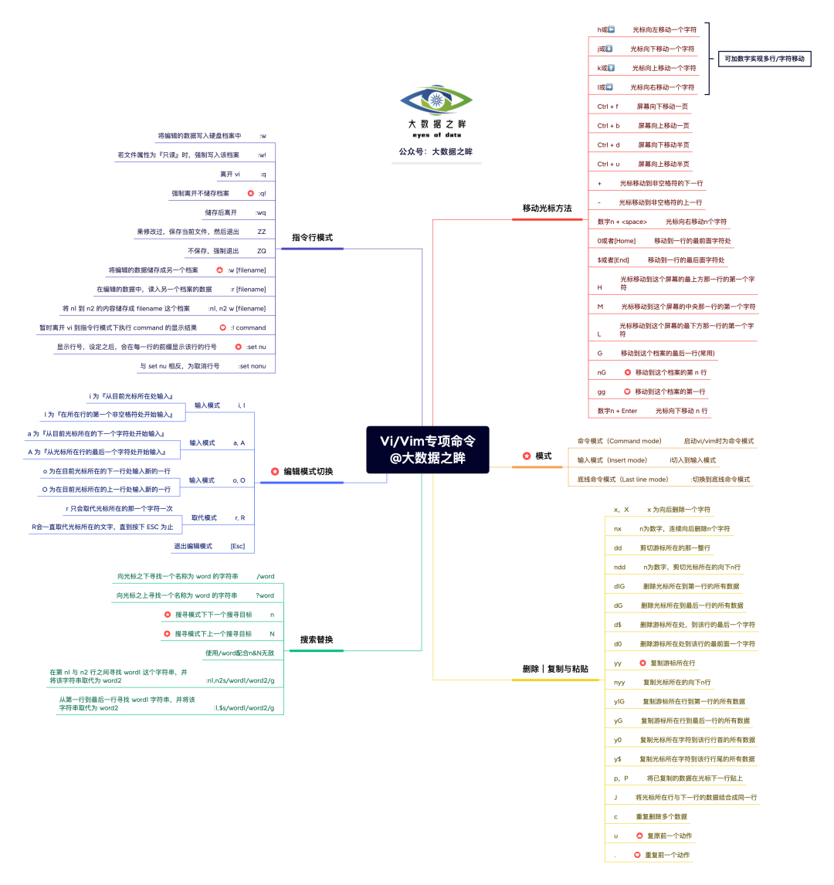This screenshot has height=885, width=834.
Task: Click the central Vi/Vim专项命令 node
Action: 428,449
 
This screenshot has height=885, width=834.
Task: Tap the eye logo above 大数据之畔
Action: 436,100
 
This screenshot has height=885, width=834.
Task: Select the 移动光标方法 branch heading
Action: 547,209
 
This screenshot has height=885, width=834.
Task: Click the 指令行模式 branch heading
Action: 312,238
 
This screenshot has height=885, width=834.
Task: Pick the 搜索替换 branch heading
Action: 317,639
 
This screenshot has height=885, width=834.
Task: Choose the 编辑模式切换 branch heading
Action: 307,471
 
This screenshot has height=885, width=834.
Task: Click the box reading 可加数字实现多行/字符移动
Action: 764,59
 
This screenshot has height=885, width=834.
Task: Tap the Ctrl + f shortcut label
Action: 608,107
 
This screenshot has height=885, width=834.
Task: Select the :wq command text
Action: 260,212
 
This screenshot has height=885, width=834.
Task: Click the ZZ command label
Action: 262,232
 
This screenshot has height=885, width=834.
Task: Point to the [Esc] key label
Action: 238,546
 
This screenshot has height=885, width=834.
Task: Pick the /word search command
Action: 266,576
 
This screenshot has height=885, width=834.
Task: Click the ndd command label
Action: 619,567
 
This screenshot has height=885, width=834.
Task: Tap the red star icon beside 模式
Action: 527,456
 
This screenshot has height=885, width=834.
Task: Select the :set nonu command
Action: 252,366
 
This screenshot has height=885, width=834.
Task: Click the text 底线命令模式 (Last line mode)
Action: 622,480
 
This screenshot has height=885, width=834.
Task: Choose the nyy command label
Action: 619,682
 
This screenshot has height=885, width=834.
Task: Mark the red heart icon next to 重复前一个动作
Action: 637,855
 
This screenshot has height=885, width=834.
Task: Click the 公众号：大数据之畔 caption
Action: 436,152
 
